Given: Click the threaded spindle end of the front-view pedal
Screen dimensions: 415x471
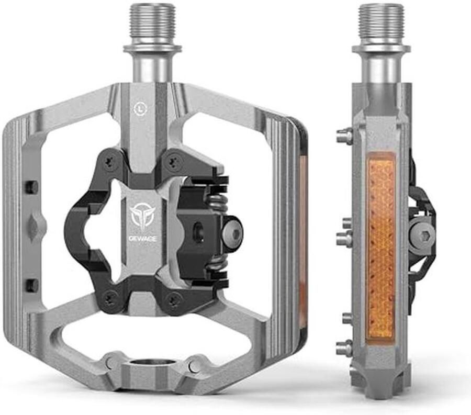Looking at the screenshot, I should click(152, 24).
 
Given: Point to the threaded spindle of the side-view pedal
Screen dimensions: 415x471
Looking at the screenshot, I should click(380, 24).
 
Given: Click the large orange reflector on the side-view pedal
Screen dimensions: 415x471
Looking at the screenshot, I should click(380, 246).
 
